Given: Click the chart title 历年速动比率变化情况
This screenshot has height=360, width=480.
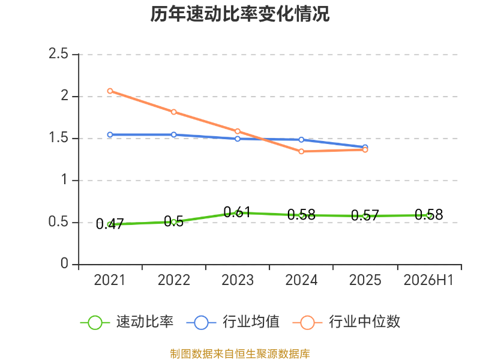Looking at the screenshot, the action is (x=239, y=14).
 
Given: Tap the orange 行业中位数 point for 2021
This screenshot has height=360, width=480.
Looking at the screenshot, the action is (x=110, y=91).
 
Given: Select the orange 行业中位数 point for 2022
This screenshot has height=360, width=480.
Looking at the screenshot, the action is (x=173, y=112).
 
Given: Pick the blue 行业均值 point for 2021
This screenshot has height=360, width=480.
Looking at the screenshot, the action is (x=110, y=134).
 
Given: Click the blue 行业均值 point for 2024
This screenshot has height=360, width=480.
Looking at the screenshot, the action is (x=301, y=140).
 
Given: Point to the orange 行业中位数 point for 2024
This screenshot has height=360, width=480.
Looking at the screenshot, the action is (x=301, y=152).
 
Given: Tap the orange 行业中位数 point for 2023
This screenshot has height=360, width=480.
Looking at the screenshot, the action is (x=238, y=131).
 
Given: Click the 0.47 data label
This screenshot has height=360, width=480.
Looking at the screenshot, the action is (x=110, y=224).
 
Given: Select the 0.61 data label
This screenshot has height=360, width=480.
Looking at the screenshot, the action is (x=237, y=212).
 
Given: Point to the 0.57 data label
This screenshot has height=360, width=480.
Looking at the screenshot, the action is (x=365, y=215).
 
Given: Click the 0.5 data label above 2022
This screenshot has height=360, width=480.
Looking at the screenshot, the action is (x=173, y=221).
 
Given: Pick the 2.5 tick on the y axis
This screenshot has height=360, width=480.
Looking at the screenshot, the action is (x=58, y=53).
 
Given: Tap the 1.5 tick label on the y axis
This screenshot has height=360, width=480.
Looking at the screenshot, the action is (x=58, y=138).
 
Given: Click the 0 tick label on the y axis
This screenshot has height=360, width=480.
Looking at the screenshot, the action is (x=64, y=263).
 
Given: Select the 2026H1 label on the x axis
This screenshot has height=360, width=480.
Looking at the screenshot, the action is (x=428, y=280).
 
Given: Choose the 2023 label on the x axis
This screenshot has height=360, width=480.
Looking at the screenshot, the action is (x=238, y=280).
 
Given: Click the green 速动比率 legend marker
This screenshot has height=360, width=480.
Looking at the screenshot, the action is (x=95, y=323).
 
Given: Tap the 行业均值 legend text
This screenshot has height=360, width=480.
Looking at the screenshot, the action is (x=251, y=322).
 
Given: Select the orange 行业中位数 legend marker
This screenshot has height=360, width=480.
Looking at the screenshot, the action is (x=307, y=323).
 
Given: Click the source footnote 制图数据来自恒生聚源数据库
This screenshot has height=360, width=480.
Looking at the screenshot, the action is (x=240, y=353).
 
